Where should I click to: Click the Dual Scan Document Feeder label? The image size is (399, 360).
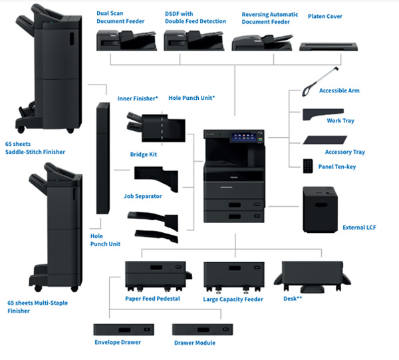click(120, 18)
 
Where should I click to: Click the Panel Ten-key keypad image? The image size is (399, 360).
click(308, 164)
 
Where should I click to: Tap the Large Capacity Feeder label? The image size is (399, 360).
click(233, 299)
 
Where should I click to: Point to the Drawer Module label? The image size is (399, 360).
click(194, 343)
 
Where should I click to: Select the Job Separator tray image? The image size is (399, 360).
click(156, 178)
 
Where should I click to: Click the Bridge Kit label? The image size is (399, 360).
click(144, 154)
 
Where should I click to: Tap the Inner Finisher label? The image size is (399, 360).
click(137, 98)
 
